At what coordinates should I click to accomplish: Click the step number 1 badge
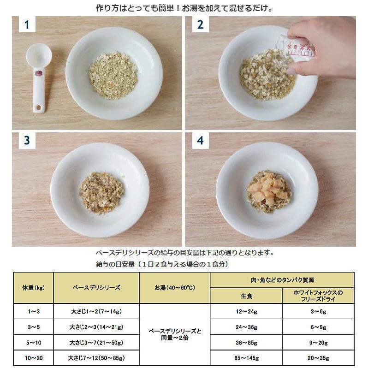[27, 25]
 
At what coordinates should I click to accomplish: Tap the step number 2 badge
[200, 25]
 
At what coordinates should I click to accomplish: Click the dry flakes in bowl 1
[114, 74]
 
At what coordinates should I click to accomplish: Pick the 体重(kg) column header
[33, 287]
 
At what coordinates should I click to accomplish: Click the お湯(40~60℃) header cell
[175, 287]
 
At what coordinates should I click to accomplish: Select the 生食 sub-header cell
[246, 296]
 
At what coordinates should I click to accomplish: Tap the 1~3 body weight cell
[33, 311]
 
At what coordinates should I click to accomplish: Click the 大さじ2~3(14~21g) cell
[96, 327]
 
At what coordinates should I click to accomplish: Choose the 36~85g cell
[246, 343]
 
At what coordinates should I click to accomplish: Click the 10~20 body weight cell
[33, 358]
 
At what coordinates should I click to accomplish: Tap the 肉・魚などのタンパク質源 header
[282, 279]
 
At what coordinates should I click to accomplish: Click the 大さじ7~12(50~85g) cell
[96, 358]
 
